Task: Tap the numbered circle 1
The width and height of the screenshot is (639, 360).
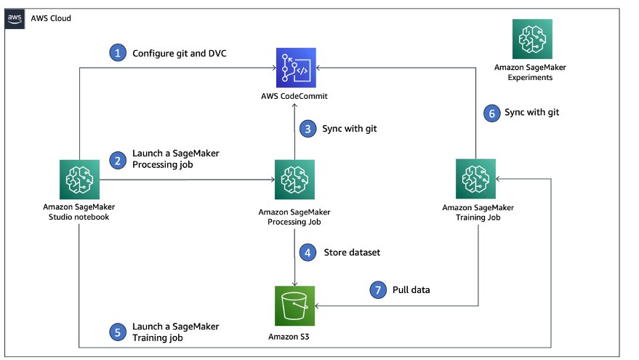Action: pyautogui.click(x=117, y=52)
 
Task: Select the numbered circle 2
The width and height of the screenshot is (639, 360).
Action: pyautogui.click(x=117, y=159)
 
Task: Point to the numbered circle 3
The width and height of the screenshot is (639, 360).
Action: pyautogui.click(x=308, y=128)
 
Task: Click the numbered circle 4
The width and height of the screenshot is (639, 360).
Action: pyautogui.click(x=308, y=252)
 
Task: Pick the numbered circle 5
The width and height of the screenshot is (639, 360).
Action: pyautogui.click(x=117, y=332)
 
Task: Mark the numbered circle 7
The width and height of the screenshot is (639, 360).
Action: pyautogui.click(x=377, y=289)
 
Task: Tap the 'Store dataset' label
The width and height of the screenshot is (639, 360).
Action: pyautogui.click(x=352, y=253)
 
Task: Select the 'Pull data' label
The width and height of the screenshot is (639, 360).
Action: pyautogui.click(x=411, y=289)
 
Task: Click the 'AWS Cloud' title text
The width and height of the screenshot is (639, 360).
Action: pyautogui.click(x=51, y=18)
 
